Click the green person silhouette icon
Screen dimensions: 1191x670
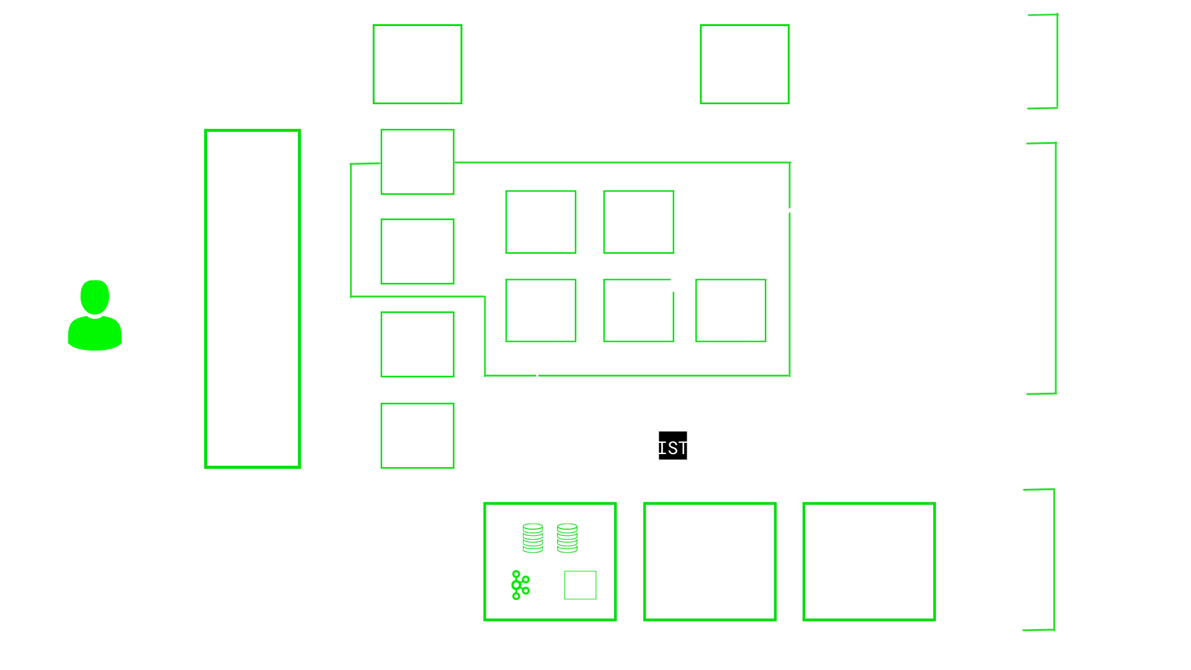[x=95, y=315]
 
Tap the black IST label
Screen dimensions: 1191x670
[x=673, y=445]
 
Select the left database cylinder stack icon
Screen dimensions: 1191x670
[x=533, y=538]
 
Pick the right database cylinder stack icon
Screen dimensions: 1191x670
[x=567, y=538]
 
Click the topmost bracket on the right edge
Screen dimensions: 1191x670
[x=1057, y=61]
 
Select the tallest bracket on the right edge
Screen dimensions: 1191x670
[x=1056, y=268]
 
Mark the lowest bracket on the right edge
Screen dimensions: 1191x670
[x=1054, y=560]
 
